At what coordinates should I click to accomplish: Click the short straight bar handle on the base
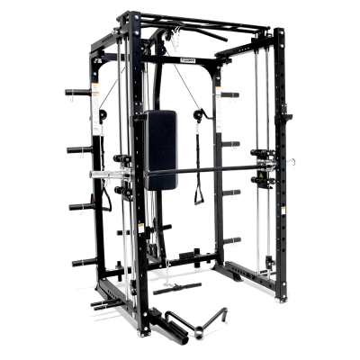[x=176, y=290]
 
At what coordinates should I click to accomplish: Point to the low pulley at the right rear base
[x=269, y=262]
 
